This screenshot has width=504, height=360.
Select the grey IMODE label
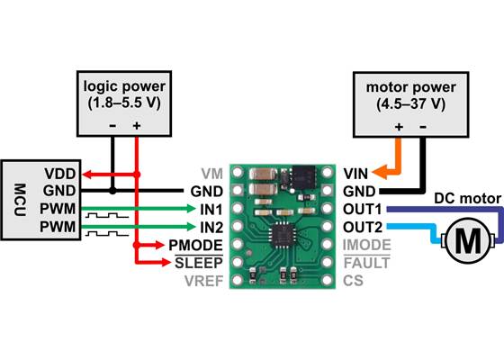[367, 244]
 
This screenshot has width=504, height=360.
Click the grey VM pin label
[210, 172]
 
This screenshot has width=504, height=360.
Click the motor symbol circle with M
[469, 239]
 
